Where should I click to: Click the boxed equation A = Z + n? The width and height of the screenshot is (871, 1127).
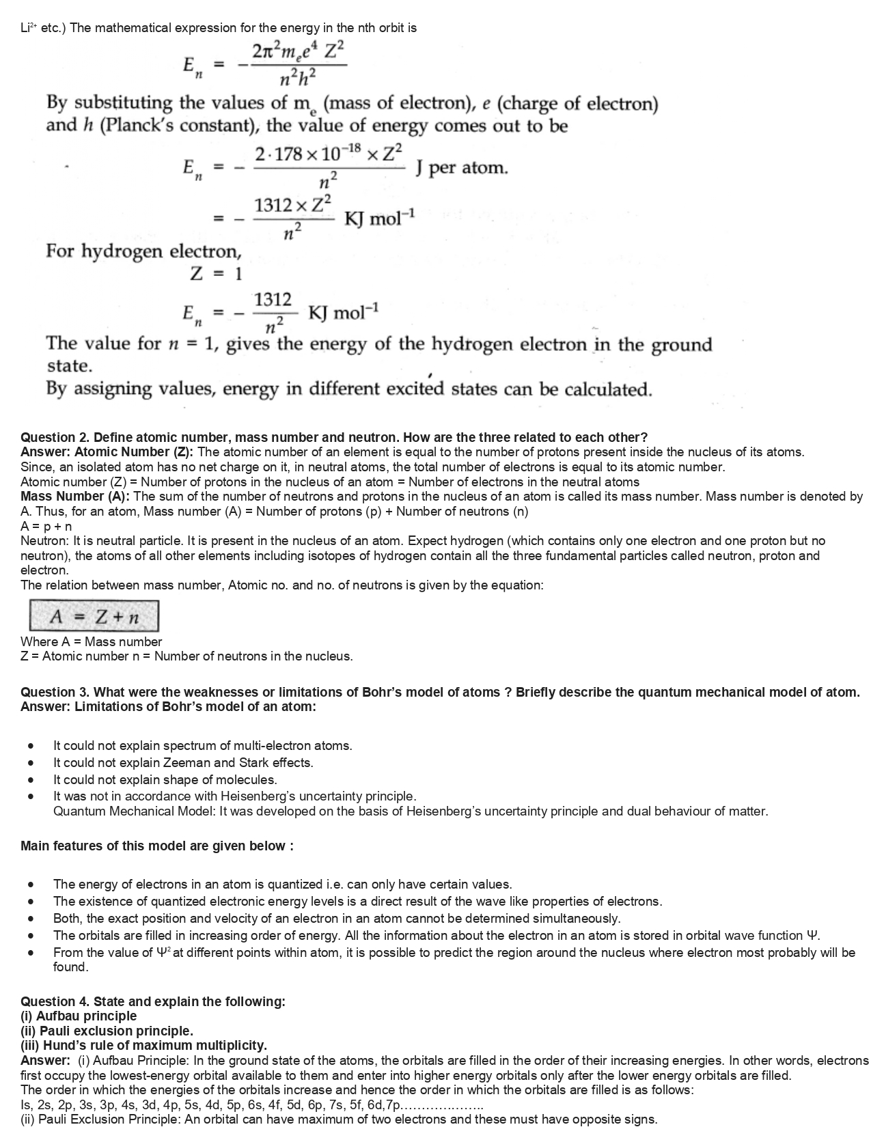click(x=94, y=617)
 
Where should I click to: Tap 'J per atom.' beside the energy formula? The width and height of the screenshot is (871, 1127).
click(x=462, y=167)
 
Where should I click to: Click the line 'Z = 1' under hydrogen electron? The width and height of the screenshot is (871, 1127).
click(x=216, y=275)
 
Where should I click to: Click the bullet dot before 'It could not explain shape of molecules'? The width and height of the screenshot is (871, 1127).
click(x=31, y=780)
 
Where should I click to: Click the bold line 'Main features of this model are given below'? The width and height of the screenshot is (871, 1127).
click(x=157, y=846)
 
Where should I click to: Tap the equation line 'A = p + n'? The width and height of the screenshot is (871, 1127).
click(x=46, y=527)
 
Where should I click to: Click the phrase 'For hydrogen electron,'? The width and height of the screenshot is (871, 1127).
click(x=144, y=251)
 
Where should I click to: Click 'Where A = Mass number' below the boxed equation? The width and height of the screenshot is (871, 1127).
click(x=92, y=641)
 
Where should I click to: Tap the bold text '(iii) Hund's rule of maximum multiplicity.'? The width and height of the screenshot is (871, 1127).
click(x=144, y=1045)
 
